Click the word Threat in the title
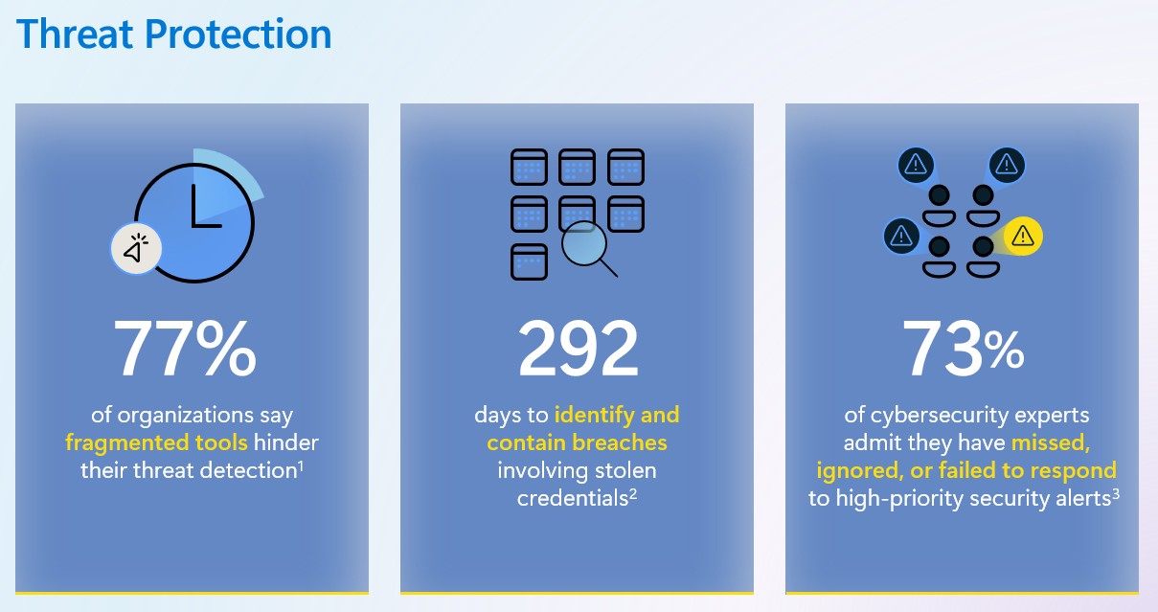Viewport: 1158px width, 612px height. (76, 34)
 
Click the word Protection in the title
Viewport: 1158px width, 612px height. (238, 34)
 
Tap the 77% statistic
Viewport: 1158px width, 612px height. (185, 349)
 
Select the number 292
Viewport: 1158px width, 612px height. (578, 349)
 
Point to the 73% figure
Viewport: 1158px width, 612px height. (964, 349)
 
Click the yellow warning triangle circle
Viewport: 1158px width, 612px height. (1023, 237)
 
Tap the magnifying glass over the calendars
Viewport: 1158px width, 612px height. (589, 248)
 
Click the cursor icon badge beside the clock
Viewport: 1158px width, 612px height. (136, 249)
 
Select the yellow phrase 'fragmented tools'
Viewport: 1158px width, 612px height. (156, 443)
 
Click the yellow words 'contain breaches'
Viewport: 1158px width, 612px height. (577, 443)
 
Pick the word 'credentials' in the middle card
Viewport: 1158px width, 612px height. (572, 499)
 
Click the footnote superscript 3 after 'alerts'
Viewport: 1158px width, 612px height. (1116, 494)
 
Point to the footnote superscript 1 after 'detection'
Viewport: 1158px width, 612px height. (301, 466)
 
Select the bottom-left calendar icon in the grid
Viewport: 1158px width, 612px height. (529, 261)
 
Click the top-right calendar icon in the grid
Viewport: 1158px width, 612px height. (625, 167)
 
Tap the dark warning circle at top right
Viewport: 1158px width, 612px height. (1007, 165)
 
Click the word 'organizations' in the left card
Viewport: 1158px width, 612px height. (186, 416)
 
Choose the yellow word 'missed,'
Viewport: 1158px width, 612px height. (1051, 443)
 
